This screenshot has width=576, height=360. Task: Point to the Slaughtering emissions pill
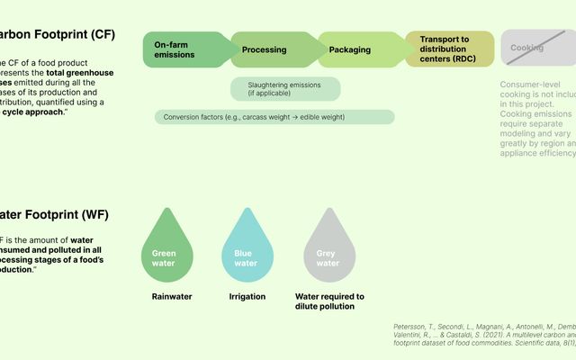tap(285, 89)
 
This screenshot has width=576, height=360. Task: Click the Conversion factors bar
tap(274, 117)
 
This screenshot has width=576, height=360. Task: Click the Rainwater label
tap(171, 296)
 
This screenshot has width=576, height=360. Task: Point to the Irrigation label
tap(247, 296)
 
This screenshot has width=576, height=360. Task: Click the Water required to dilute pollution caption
tap(329, 301)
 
